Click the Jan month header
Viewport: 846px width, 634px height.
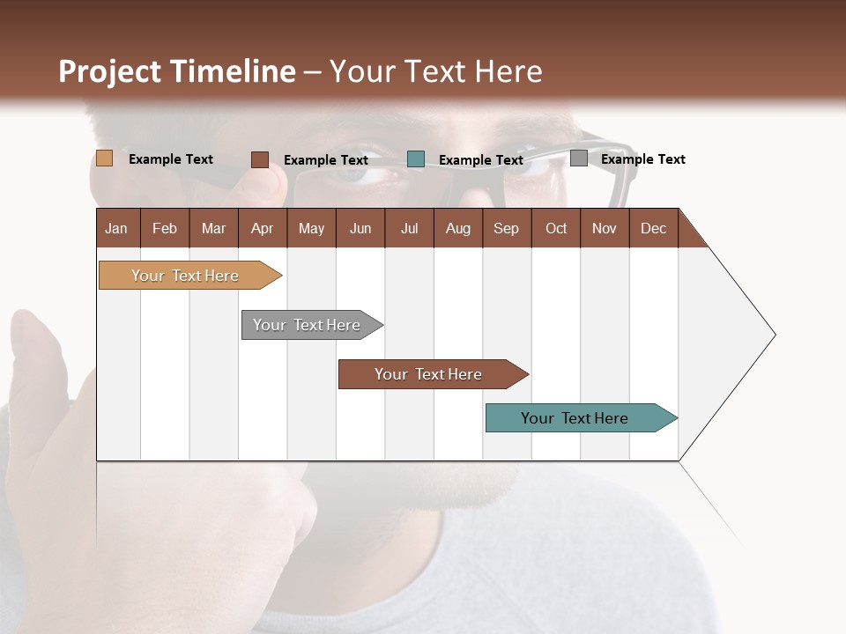pos(116,228)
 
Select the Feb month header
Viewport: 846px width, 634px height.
pos(165,228)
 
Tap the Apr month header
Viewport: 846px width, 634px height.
pos(262,228)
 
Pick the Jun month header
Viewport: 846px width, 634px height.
pos(360,228)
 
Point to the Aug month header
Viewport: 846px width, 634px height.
pos(457,228)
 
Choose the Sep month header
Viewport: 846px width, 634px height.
pos(506,228)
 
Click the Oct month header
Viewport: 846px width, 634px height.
pos(556,228)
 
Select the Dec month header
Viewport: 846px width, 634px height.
pos(653,228)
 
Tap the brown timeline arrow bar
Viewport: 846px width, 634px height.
pos(429,374)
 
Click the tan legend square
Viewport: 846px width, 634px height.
pos(104,158)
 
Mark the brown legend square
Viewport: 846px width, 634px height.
pos(259,159)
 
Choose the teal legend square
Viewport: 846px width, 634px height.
pos(416,159)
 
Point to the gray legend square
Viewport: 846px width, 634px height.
pos(578,158)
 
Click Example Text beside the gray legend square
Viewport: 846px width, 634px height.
pos(642,159)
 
